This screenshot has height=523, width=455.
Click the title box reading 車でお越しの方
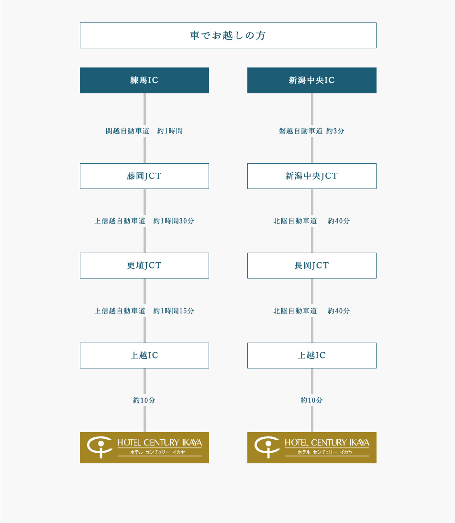coord(228,35)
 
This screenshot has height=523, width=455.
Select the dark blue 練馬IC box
coord(144,80)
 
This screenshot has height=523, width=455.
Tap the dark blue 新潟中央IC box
coord(311,80)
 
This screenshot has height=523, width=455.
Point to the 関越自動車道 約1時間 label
coord(144,131)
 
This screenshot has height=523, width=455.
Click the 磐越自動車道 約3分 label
coord(311,131)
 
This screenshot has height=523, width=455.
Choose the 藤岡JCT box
coord(144,176)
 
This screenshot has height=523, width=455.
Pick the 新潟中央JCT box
coord(311,176)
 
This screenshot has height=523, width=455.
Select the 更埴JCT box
coord(144,266)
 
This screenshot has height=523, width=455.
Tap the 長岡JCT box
coord(311,266)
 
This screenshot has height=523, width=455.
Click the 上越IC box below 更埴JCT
coord(144,356)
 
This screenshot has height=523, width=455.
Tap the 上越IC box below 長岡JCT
coord(311,356)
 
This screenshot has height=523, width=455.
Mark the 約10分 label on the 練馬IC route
coord(144,401)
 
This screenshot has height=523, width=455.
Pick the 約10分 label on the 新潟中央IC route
coord(311,401)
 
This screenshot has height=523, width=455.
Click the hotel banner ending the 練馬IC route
coord(144,447)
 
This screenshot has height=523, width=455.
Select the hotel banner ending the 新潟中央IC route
coord(311,447)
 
